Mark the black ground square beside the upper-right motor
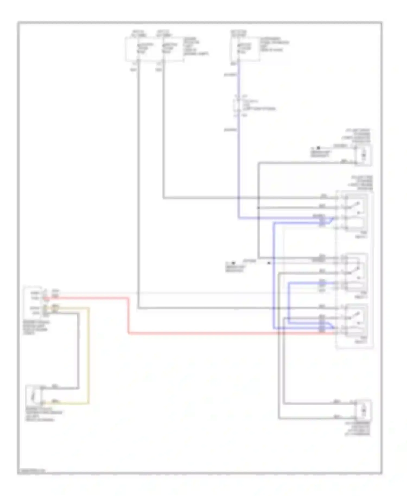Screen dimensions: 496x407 pos(319,148)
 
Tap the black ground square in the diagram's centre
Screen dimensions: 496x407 pos(233,263)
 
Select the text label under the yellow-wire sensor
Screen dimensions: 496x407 pos(43,414)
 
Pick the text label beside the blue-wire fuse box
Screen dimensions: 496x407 pos(274,44)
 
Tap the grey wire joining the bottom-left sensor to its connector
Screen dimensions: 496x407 pos(78,353)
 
